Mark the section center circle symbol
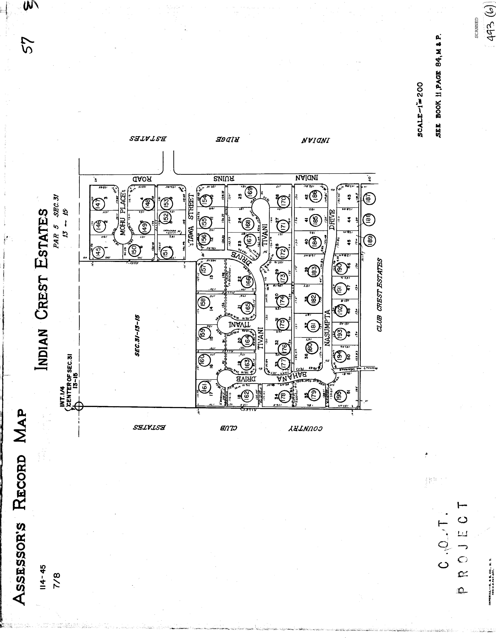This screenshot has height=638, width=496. tap(79, 406)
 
